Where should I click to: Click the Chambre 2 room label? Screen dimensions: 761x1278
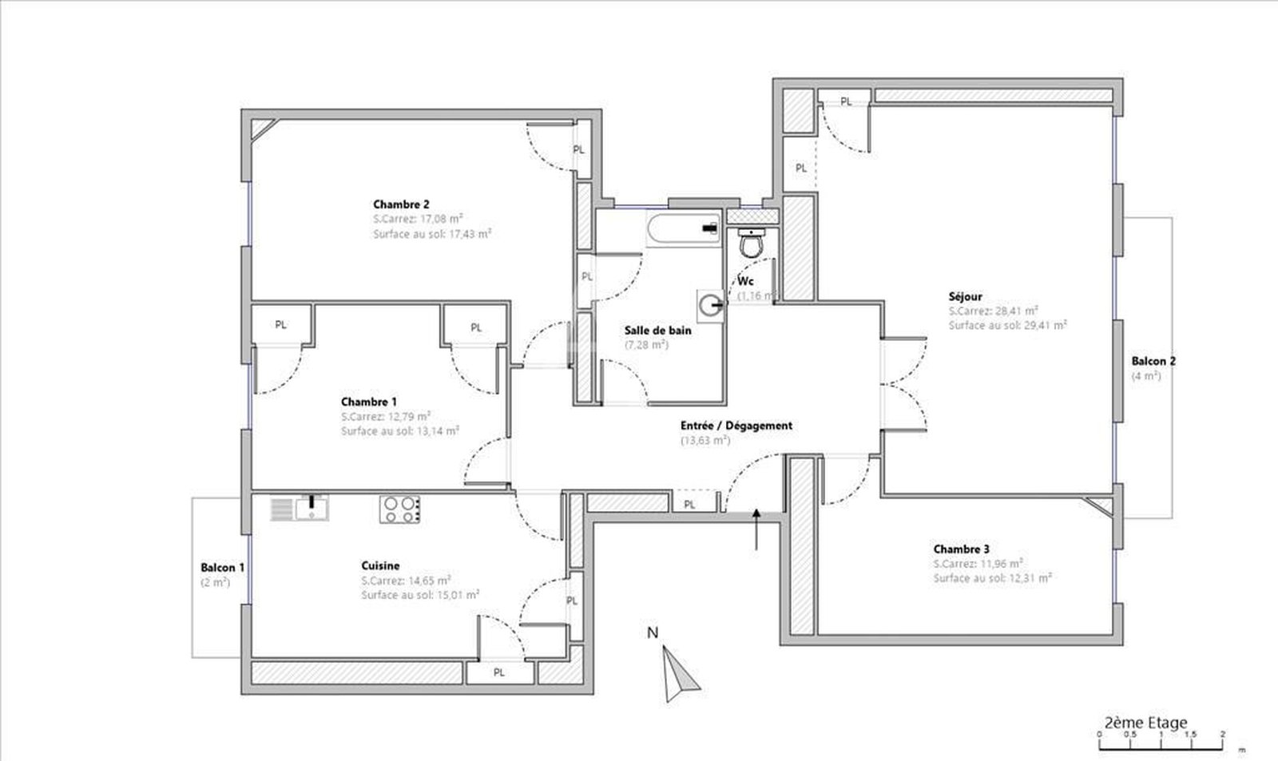tap(401, 204)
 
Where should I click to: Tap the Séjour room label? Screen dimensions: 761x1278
tap(965, 296)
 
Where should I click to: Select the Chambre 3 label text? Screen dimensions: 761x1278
tap(961, 549)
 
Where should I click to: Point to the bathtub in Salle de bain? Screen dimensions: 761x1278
tap(684, 228)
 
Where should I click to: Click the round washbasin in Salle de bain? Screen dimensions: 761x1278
tap(710, 303)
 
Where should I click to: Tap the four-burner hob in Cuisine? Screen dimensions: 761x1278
tap(399, 509)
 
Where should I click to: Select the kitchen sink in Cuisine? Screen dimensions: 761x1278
tap(300, 508)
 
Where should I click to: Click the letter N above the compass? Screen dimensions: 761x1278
tap(652, 634)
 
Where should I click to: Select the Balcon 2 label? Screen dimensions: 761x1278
tap(1153, 361)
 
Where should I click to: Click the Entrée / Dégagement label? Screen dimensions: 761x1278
tap(736, 426)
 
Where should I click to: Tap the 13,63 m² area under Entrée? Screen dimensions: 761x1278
tap(704, 440)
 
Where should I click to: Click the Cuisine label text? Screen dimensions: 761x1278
tap(380, 565)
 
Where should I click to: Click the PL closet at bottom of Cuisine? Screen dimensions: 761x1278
tap(499, 672)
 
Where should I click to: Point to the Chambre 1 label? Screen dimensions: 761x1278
tap(368, 402)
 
